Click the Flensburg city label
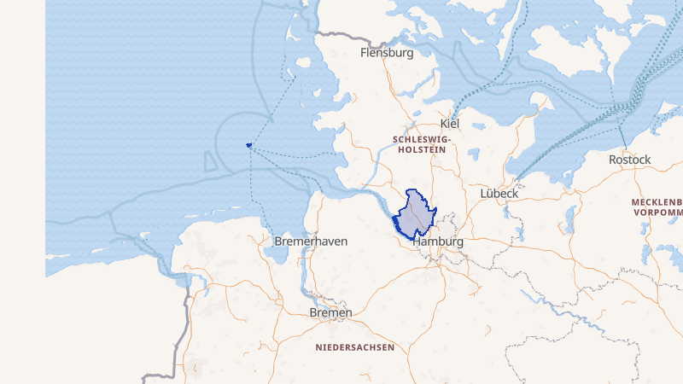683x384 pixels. [387, 53]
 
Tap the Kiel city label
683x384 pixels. [449, 125]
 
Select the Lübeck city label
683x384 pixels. [499, 194]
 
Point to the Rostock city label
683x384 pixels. [629, 160]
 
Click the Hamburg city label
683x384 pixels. [437, 242]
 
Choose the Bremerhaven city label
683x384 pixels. [311, 241]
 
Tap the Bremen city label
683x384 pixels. [330, 313]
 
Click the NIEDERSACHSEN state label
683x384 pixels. [354, 347]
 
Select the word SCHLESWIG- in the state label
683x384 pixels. [422, 138]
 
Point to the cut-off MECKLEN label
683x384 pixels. [657, 202]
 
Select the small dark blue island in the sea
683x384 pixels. [249, 145]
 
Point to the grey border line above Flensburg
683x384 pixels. [341, 36]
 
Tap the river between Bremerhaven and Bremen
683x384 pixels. [301, 273]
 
